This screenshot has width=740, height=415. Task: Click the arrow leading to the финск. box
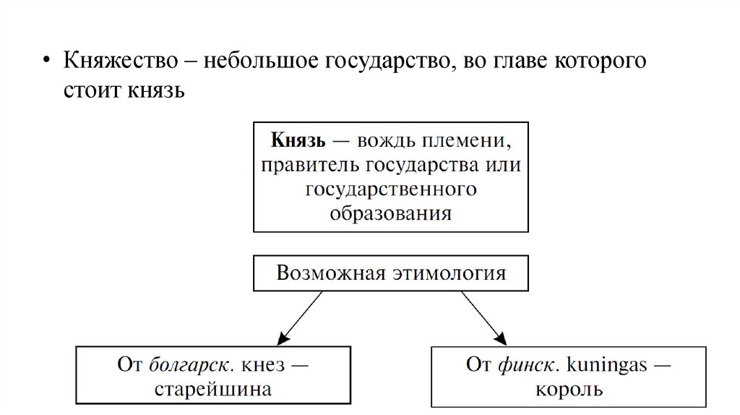(482, 317)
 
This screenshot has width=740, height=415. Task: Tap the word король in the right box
(569, 390)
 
